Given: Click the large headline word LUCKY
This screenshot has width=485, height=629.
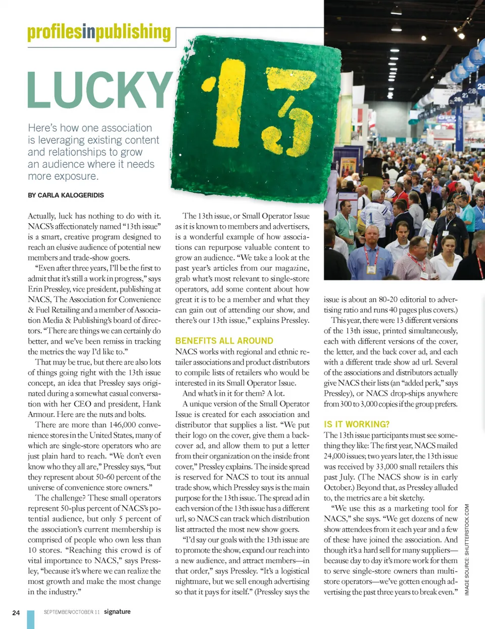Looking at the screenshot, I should pos(100,90).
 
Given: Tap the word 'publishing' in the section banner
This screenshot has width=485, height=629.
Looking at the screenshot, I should pos(133,32).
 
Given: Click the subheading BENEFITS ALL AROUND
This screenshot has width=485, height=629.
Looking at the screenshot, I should pos(224,341).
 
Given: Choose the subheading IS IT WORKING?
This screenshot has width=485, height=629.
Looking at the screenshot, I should pos(357,424).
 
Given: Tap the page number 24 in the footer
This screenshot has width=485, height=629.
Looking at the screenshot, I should pos(16,612).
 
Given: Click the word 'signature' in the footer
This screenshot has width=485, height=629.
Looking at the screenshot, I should pos(117,611).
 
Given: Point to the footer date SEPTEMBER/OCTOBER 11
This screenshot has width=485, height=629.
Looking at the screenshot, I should pos(71,612).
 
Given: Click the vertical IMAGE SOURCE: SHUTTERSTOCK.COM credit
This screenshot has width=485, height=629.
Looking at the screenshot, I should pos(467,549).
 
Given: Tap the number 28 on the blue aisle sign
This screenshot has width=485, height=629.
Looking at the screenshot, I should pos(472,91).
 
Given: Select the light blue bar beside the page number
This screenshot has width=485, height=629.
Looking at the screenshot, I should pos(30,619).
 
